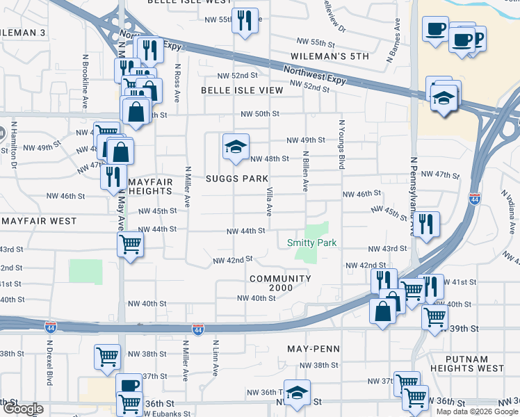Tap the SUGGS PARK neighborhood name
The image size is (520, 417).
point(237,179)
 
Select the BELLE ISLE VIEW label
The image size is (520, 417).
point(242,90)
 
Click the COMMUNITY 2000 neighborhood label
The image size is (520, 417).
point(280,284)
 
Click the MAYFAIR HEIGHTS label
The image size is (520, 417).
point(150,186)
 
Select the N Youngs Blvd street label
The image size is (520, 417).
point(341,145)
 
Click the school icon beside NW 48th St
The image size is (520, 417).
point(235,147)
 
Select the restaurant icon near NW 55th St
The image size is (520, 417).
point(244,21)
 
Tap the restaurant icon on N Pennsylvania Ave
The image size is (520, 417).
point(427,224)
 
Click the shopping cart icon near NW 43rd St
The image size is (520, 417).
point(131,244)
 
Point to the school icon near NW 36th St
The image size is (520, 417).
point(297,393)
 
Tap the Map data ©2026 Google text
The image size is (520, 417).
point(476,411)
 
